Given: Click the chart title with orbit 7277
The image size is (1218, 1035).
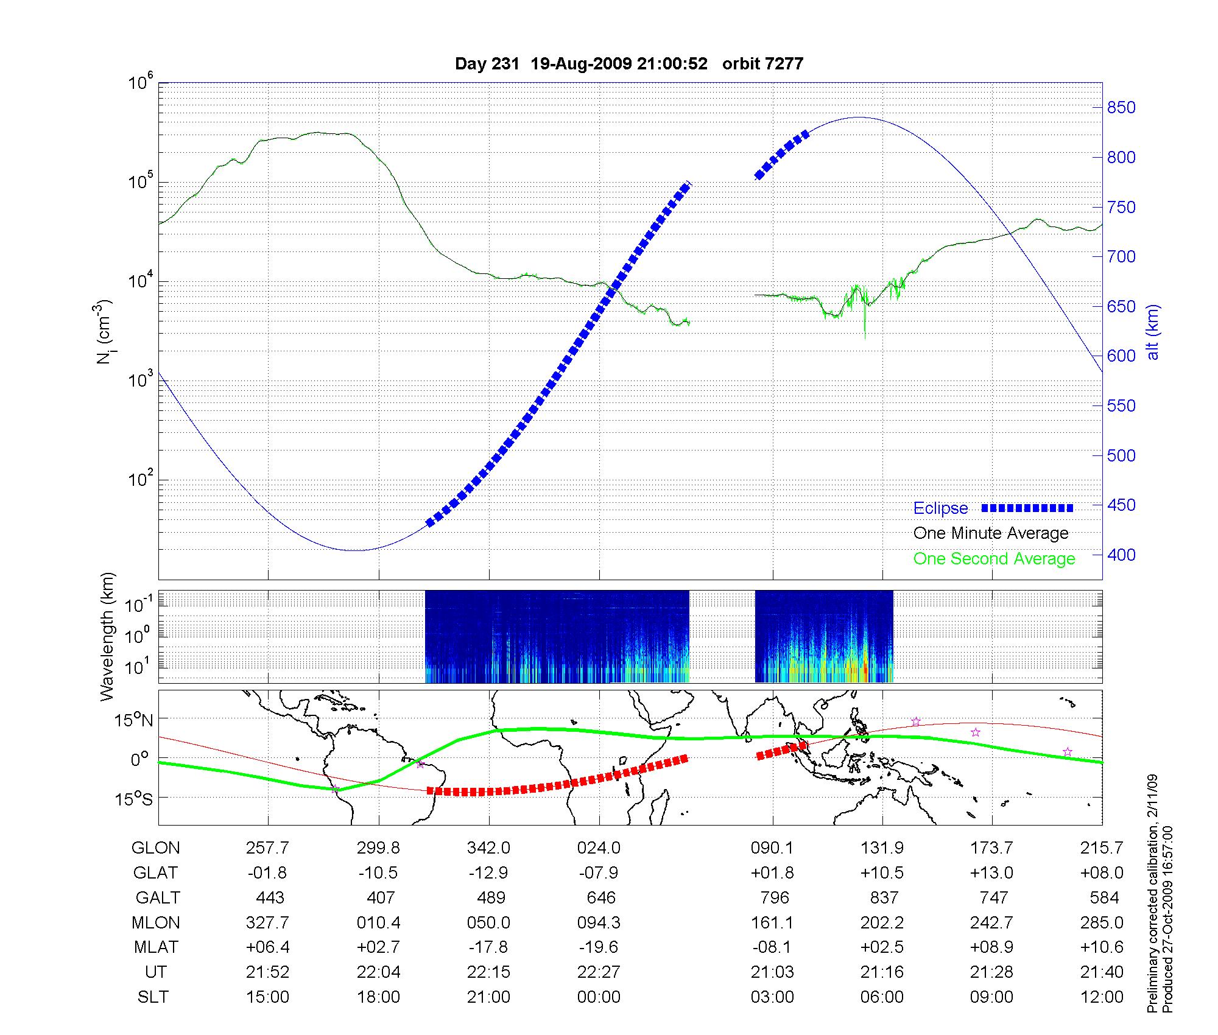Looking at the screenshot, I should tap(629, 64).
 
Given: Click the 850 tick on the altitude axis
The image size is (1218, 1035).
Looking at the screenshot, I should tap(1121, 108).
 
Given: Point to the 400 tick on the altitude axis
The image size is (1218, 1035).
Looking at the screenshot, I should tap(1121, 555).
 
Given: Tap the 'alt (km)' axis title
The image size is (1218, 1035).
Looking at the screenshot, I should tap(1153, 332).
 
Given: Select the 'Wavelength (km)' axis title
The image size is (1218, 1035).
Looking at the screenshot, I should tap(107, 637).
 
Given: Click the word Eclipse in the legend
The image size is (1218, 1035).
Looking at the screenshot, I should tap(940, 508).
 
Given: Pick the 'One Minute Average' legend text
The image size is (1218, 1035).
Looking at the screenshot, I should tap(991, 533).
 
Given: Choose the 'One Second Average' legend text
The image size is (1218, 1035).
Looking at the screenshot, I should tap(994, 559).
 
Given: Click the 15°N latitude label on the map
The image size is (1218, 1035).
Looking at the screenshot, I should tap(133, 721).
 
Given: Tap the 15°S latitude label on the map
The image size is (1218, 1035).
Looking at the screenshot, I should tap(133, 798).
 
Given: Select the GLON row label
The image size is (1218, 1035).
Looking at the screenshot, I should tap(156, 848).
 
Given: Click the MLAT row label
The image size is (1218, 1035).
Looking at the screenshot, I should tap(156, 947).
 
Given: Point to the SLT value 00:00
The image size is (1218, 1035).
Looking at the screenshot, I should tap(599, 997).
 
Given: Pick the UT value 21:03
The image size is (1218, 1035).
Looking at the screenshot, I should tap(772, 972).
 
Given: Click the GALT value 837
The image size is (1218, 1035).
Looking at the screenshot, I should tap(884, 898).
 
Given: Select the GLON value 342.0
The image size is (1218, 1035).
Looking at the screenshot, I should tap(488, 848).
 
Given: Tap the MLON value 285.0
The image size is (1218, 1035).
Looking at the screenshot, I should tap(1102, 923).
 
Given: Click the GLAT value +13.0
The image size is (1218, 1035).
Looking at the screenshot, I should tap(991, 873).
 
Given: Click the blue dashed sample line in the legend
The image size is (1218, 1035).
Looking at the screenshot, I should tap(1027, 508).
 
